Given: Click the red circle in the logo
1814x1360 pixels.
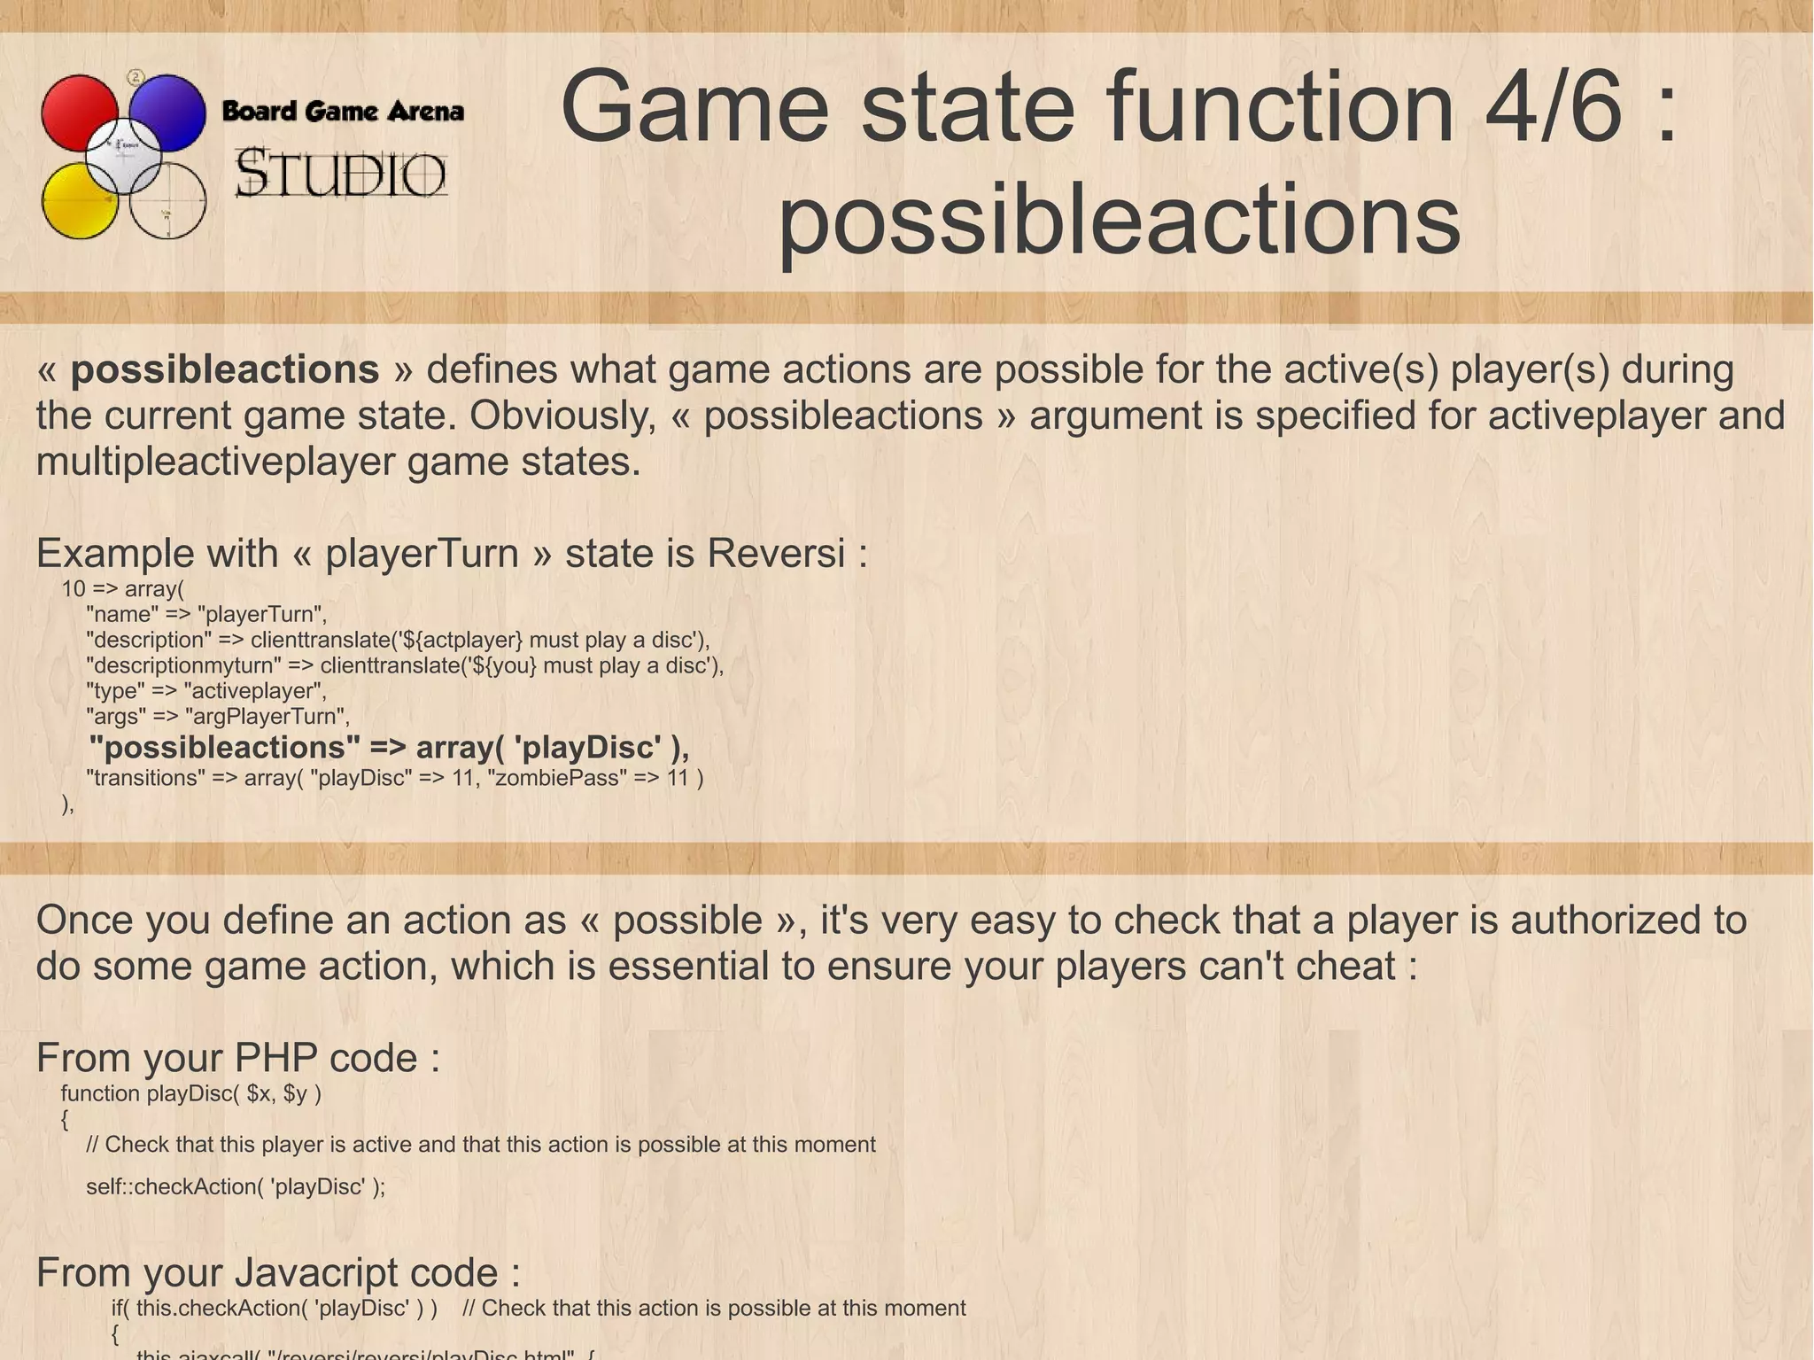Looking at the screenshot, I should pos(77,111).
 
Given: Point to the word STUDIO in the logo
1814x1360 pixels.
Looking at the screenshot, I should pos(341,174).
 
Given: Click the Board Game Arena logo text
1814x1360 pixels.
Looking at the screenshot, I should pos(343,112).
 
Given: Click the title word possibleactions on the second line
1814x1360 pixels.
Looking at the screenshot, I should pos(1119,218).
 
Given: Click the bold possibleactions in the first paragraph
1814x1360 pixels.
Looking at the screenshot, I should pos(225,369).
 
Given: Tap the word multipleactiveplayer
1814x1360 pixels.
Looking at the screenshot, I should pos(216,462).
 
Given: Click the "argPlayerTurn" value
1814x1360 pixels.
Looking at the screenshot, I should pos(267,717).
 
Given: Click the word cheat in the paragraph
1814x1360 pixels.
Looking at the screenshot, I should pos(1345,966).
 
